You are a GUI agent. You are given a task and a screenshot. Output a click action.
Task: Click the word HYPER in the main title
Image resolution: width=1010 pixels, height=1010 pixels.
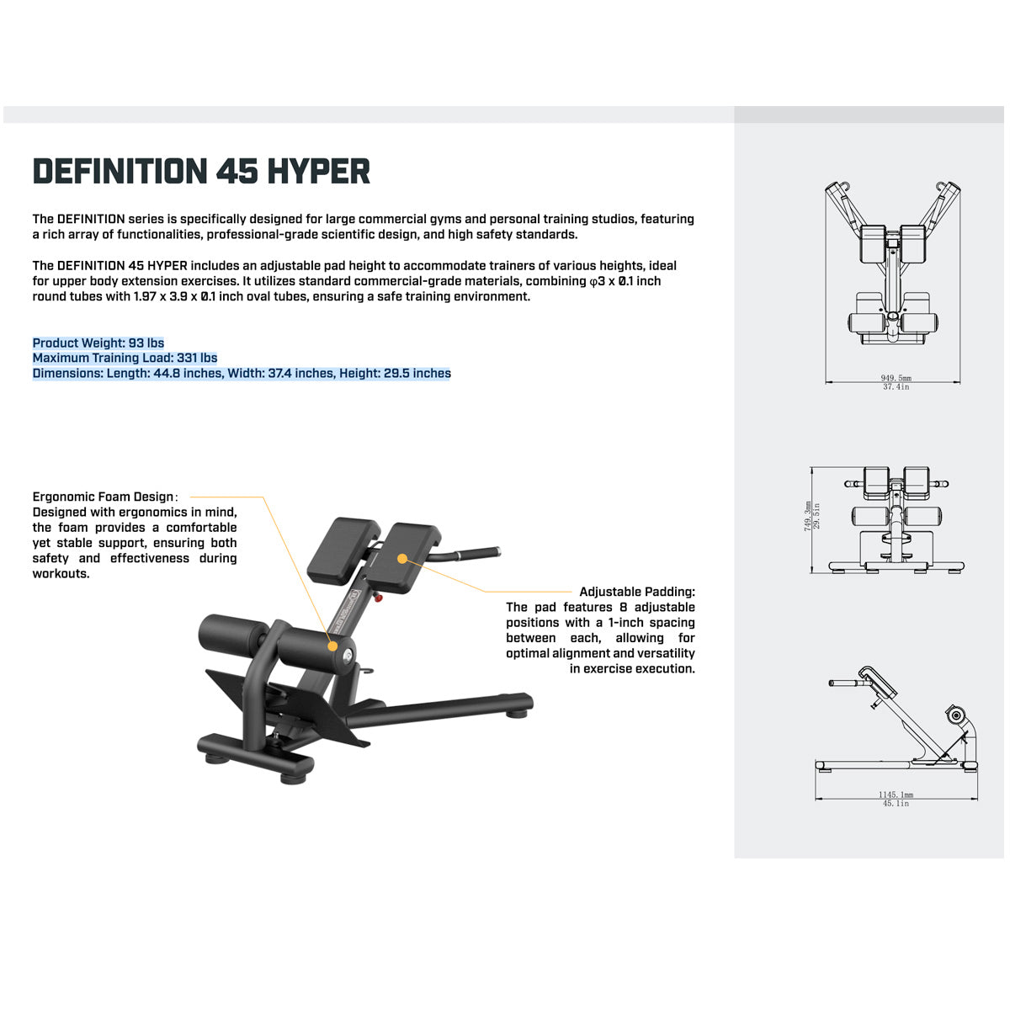(x=318, y=172)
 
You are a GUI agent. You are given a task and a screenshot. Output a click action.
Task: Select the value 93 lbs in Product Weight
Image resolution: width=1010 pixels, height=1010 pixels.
(x=146, y=343)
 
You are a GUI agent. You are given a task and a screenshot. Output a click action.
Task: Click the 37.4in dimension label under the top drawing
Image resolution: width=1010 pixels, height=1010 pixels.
(x=896, y=387)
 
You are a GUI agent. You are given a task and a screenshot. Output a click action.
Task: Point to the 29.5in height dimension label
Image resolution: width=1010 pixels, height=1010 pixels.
(x=816, y=517)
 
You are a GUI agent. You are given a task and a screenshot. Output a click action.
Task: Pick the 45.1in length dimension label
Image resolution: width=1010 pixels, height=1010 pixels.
(x=896, y=804)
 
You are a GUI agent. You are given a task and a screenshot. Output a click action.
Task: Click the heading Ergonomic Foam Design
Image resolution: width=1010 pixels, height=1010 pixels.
(x=103, y=497)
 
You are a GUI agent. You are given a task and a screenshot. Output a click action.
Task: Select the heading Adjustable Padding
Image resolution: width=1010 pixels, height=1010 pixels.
(x=637, y=592)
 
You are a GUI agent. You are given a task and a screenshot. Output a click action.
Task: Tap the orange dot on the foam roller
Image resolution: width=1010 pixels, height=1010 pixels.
(x=332, y=646)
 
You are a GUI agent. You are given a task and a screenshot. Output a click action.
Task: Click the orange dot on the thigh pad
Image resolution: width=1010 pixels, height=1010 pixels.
(x=402, y=559)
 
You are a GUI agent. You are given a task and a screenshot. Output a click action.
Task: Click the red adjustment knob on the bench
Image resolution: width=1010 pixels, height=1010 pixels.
(x=378, y=598)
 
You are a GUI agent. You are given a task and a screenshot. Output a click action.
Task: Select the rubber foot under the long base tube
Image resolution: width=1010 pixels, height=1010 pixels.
(x=517, y=714)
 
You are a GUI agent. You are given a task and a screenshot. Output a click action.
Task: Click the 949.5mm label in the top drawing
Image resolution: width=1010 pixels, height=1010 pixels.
(x=896, y=378)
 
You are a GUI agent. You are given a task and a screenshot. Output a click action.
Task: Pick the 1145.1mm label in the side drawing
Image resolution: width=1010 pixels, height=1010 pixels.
(x=896, y=795)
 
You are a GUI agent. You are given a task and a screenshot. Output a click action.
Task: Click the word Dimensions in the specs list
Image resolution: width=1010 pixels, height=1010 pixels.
(x=67, y=373)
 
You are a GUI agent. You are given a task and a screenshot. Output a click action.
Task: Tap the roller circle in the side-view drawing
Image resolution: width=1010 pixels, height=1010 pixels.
(x=957, y=715)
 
